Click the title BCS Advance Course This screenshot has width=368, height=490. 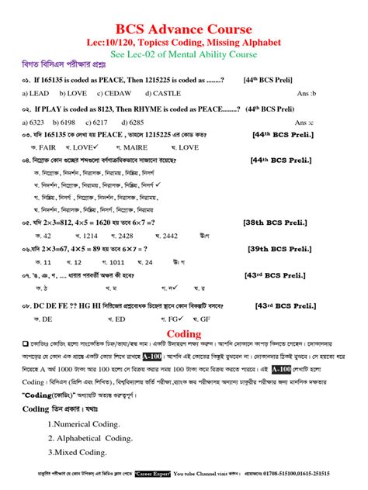click(183, 22)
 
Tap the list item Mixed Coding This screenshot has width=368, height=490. click(77, 452)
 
